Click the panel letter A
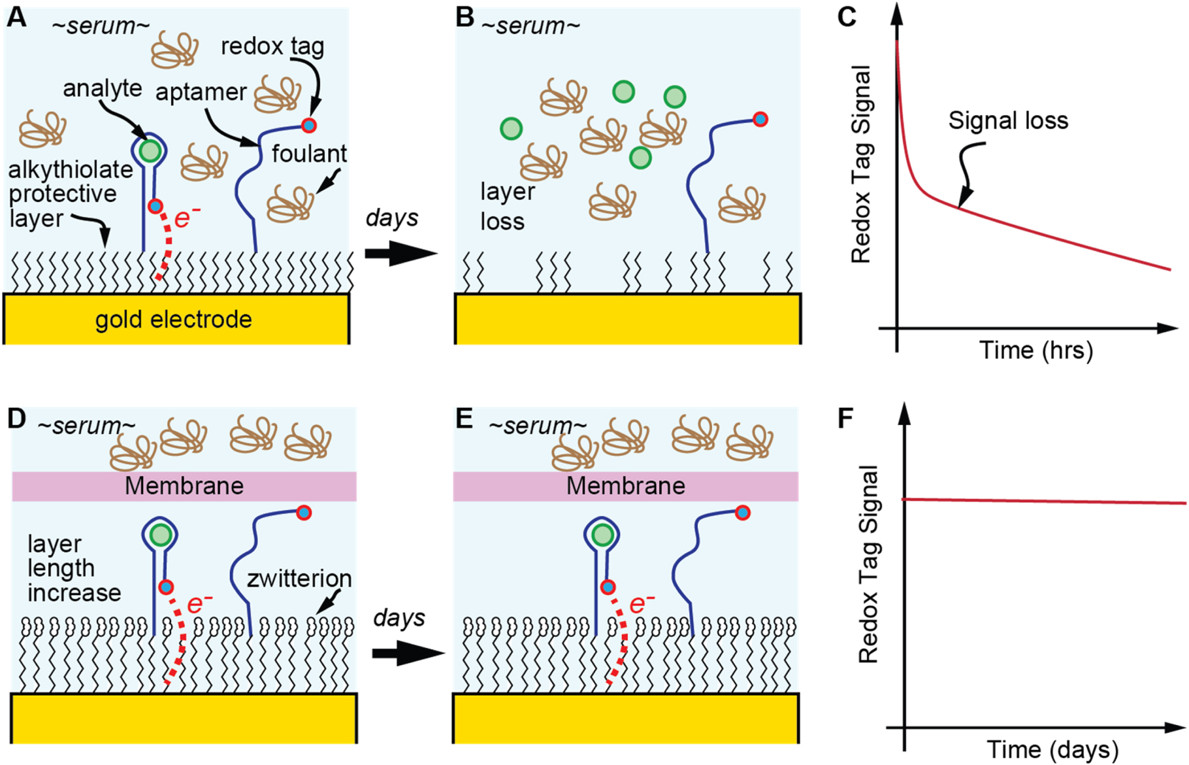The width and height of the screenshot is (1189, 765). tap(16, 17)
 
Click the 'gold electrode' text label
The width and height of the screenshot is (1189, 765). tap(173, 320)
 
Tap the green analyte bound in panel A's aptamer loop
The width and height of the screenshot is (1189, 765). tap(150, 151)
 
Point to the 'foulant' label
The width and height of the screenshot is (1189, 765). tap(309, 154)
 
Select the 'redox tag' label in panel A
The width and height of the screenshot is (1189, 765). tap(272, 46)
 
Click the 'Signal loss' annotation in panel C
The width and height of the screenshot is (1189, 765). tap(1008, 120)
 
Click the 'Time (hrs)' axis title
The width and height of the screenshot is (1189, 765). tap(1035, 350)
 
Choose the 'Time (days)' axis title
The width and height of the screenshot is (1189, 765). tap(1052, 749)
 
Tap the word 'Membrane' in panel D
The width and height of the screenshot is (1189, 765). tap(184, 486)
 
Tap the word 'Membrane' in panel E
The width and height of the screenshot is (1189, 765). tap(625, 486)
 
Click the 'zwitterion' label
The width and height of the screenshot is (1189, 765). tap(299, 579)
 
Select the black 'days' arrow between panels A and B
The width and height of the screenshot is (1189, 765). tap(400, 253)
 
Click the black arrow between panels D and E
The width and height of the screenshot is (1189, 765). tap(408, 653)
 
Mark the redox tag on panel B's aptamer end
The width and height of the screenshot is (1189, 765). tap(760, 120)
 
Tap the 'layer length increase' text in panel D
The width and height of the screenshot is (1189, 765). tap(73, 568)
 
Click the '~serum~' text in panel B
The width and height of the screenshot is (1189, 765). tap(530, 26)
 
